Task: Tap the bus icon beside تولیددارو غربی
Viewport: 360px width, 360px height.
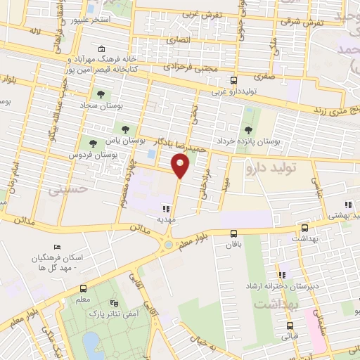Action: pos(234,80)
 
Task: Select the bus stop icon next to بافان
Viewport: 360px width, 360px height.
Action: pos(234,233)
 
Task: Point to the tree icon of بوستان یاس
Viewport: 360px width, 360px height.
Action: pos(126,129)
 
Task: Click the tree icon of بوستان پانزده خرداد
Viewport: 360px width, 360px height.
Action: pos(247,129)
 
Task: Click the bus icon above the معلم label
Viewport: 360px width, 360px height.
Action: pos(83,289)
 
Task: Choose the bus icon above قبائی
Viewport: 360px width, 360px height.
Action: pos(290,326)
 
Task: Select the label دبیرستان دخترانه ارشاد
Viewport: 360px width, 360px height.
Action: pos(309,285)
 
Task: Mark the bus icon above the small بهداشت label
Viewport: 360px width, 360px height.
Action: pos(304,228)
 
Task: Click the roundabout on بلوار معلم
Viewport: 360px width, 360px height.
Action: pos(167,245)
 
